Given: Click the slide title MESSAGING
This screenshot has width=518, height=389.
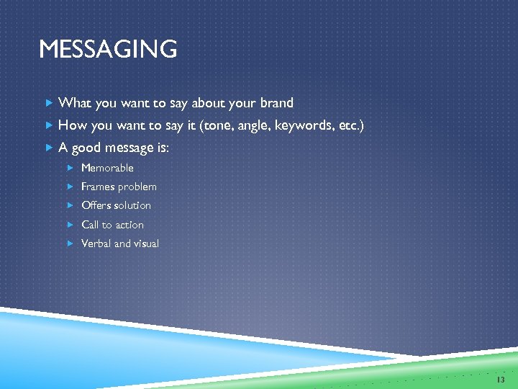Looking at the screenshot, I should (108, 50).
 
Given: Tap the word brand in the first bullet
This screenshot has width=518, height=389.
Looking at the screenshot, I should (275, 103).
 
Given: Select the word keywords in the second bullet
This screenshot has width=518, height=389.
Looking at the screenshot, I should (302, 126).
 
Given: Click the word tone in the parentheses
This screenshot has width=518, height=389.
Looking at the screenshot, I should (220, 126).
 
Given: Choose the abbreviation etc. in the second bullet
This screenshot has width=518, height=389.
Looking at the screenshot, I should (350, 126).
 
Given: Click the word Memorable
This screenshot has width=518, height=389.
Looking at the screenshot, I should (107, 168).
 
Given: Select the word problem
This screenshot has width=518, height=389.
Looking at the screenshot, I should (137, 187).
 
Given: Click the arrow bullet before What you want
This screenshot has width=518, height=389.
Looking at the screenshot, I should (48, 103).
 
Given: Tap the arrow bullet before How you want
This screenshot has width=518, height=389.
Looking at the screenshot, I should (48, 126).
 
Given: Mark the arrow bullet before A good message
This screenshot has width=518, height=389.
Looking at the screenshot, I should (48, 148).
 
